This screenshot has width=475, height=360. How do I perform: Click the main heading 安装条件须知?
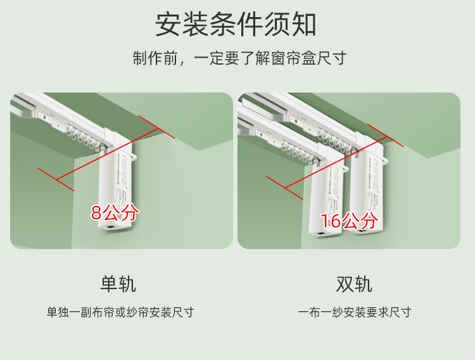pos(236,25)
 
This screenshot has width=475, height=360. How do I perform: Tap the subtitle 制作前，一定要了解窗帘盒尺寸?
pos(239,59)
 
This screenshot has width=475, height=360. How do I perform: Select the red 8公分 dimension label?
pos(114,212)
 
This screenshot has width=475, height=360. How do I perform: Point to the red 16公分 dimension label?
pos(349,221)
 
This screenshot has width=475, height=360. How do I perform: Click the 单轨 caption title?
pos(118,284)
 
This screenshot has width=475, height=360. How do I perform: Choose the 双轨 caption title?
pos(354,284)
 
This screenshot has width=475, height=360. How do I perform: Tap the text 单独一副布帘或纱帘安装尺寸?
pos(120,312)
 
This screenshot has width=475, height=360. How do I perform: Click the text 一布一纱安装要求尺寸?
pos(355,312)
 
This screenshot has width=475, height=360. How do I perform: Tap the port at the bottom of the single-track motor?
pos(112,225)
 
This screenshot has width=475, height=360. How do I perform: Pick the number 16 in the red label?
pos(331,221)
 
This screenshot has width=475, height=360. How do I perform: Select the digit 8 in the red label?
pos(96,213)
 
